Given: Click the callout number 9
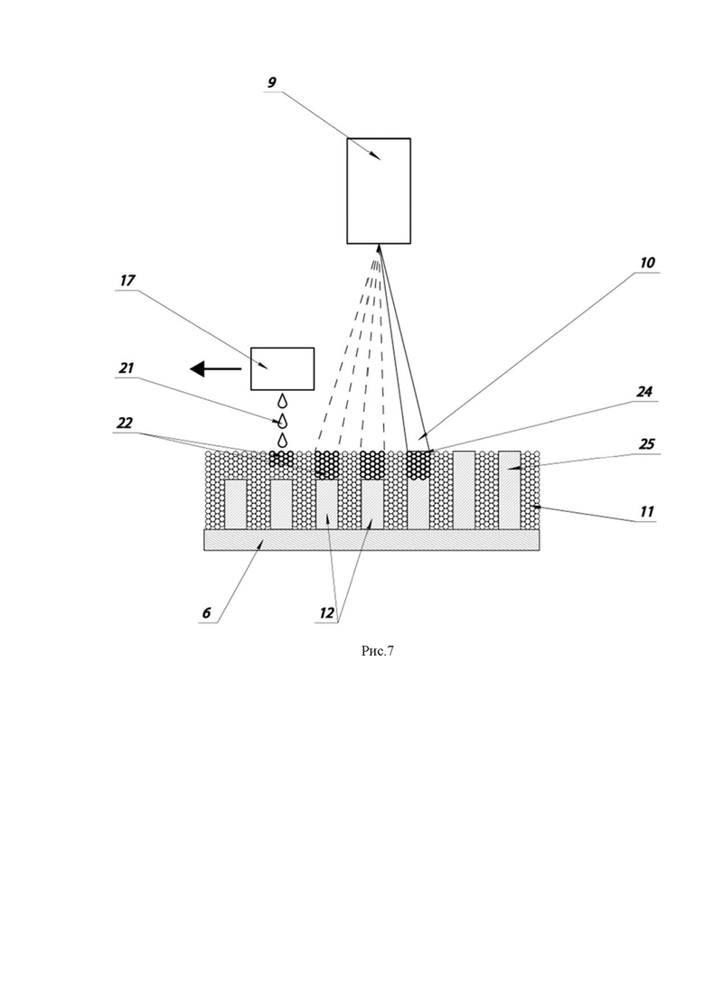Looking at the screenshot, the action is [272, 82].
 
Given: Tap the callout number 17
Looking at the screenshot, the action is [127, 281].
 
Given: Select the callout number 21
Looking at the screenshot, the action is [127, 368].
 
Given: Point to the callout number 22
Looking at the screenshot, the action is [125, 423].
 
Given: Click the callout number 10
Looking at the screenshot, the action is [646, 263].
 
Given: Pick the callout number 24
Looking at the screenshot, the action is [644, 392].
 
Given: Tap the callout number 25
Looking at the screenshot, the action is [646, 444].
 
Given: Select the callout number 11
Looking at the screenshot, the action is [646, 512].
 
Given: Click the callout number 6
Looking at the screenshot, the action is [207, 613].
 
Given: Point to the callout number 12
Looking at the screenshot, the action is [326, 613].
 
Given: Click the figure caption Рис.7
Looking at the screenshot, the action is [378, 651].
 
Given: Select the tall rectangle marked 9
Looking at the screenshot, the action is [378, 191].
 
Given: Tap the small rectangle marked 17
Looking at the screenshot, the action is [282, 368].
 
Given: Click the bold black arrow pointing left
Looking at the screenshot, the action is [215, 368].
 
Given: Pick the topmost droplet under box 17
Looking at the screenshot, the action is [282, 400].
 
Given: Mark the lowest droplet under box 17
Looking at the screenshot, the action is [282, 440].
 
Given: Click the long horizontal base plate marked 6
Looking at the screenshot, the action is [371, 540].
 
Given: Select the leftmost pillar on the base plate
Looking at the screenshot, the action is [235, 505].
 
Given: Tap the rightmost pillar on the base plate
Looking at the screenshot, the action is [509, 489].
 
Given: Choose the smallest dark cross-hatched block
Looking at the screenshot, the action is [282, 459].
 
